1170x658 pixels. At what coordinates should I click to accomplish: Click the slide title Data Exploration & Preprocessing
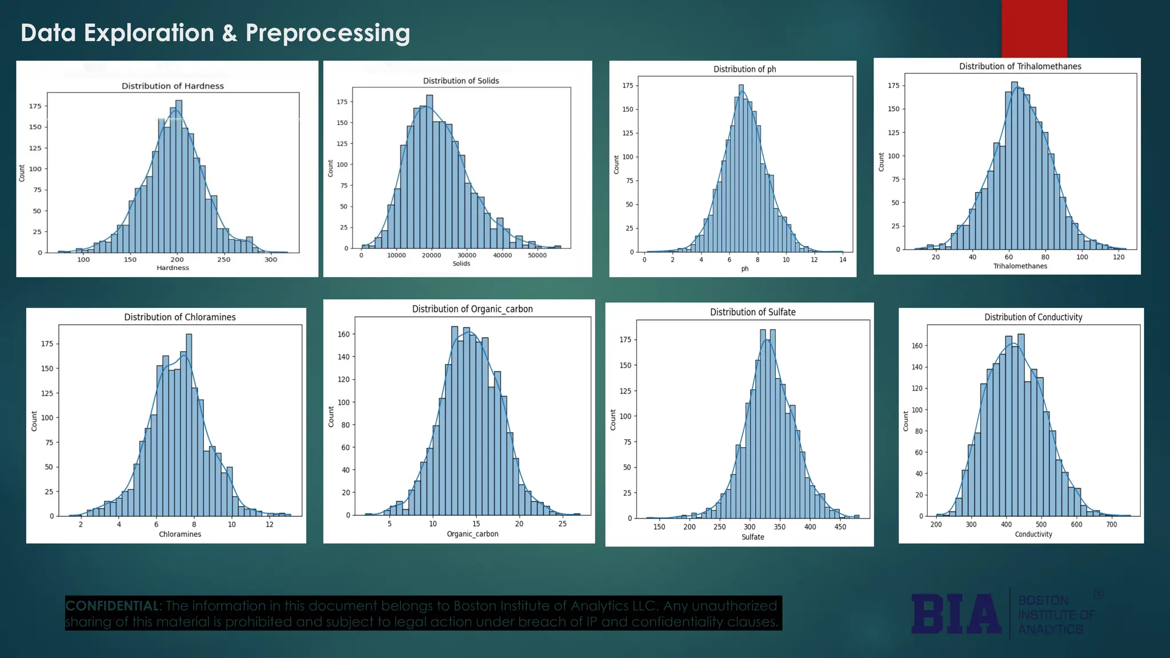pos(215,33)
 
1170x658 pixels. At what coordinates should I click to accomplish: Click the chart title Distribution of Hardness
pos(173,86)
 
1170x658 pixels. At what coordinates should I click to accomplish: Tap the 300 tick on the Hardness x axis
pos(271,259)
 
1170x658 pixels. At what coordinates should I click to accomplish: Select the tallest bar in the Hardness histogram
pos(178,177)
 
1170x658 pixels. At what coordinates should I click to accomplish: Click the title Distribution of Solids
pos(460,81)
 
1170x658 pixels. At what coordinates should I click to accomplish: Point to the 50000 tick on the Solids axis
pos(537,255)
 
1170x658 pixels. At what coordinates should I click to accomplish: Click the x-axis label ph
pos(744,268)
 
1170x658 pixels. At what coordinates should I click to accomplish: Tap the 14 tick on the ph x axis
pos(843,260)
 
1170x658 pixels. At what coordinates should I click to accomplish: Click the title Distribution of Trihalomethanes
pos(1020,66)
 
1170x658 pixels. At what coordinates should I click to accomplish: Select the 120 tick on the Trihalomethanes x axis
pos(1119,257)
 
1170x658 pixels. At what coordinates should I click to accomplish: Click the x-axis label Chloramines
pos(180,534)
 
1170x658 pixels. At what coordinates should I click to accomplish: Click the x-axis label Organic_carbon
pos(472,533)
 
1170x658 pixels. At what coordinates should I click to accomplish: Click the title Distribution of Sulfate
pos(752,312)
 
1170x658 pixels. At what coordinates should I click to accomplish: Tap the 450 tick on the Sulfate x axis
pos(840,527)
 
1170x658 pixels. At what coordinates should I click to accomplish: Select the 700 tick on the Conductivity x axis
pos(1111,524)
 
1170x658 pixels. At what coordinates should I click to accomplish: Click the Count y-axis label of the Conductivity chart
pos(905,421)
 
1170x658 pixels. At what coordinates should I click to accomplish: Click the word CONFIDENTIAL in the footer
pos(113,606)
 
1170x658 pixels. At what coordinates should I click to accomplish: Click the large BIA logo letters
pos(956,614)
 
